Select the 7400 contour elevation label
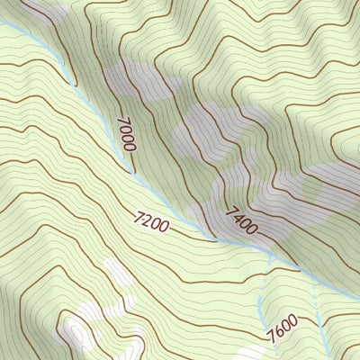[x=241, y=220]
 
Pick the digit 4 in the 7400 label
[x=237, y=217]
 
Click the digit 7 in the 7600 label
[x=270, y=340]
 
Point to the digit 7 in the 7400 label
[x=230, y=211]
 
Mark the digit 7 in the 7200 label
[x=137, y=216]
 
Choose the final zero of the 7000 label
[x=130, y=148]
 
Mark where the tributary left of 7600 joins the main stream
[x=268, y=261]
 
